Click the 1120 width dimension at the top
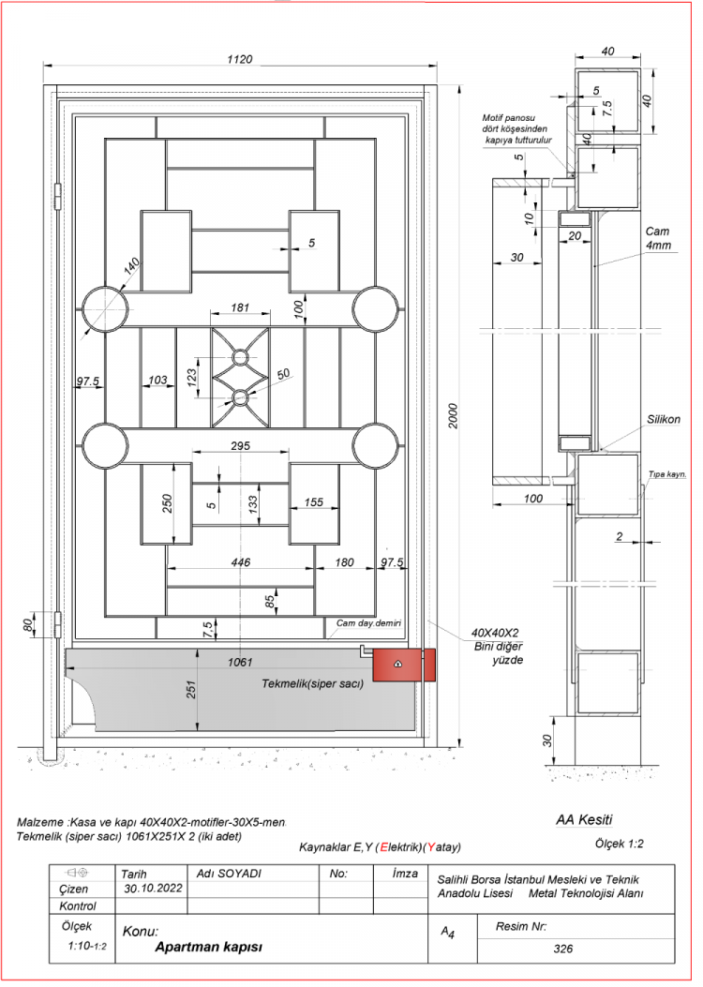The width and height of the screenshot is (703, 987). (x=240, y=59)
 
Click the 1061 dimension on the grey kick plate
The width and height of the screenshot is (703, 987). (x=240, y=663)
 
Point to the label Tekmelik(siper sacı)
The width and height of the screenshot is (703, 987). (x=311, y=684)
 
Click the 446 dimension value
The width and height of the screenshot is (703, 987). (x=240, y=562)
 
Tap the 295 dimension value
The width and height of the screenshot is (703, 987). (x=240, y=447)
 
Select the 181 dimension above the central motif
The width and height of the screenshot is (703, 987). (x=240, y=307)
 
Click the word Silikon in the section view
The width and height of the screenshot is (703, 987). (x=662, y=420)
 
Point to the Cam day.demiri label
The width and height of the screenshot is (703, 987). (x=368, y=622)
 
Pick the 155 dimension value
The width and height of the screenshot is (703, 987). (x=314, y=503)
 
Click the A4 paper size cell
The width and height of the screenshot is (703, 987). (x=448, y=933)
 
